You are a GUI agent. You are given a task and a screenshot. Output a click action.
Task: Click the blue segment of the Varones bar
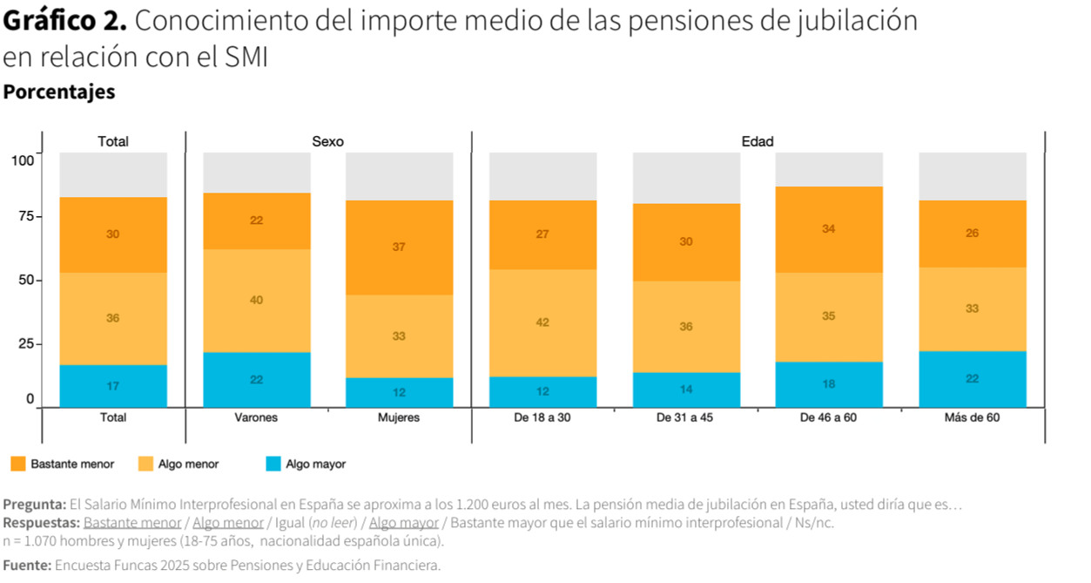256,379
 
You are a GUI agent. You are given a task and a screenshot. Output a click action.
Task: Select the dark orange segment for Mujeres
399,247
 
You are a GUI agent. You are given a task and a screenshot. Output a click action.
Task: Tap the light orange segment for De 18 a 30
542,322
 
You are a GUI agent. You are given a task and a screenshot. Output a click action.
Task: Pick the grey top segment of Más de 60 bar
973,176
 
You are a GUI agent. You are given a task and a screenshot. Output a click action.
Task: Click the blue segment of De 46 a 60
829,384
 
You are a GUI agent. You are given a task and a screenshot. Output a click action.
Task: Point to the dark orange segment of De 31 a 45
686,241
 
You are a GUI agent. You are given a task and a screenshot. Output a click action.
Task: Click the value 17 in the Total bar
113,386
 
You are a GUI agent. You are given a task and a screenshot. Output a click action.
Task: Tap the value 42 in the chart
542,322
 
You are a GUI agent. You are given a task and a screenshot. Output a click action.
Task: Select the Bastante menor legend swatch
17,464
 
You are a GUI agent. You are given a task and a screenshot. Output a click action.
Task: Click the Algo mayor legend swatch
273,464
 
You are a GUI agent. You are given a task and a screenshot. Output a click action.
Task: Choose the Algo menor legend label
188,464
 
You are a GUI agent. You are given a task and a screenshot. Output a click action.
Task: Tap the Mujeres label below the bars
399,417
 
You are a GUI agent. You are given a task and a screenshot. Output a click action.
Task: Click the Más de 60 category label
972,417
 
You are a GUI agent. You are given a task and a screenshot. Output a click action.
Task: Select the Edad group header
758,141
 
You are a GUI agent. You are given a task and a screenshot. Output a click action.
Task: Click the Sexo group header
328,141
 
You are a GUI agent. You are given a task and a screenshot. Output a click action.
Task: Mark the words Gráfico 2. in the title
65,21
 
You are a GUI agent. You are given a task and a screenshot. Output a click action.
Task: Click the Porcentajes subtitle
59,92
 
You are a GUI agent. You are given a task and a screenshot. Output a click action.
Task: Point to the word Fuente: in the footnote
27,566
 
